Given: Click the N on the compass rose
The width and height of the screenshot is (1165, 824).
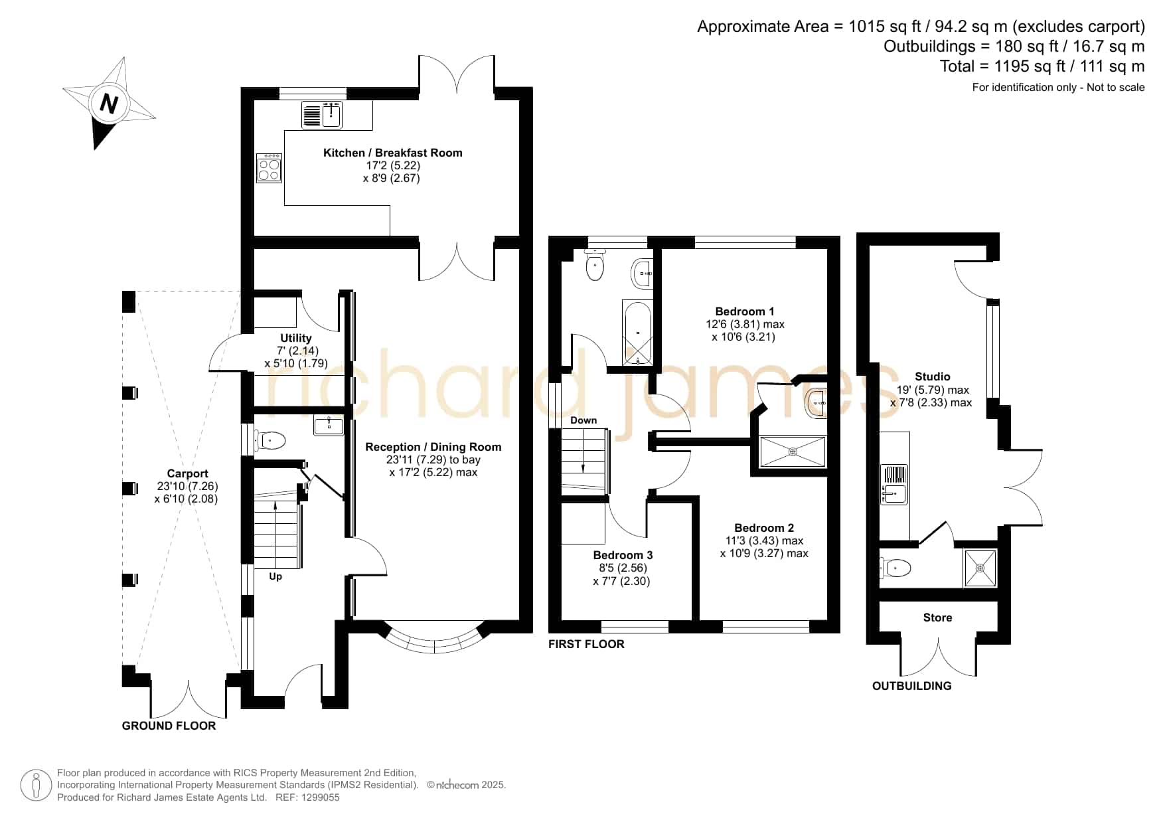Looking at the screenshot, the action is pos(109,104).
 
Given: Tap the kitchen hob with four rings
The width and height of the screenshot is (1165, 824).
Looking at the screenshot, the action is pos(269,169).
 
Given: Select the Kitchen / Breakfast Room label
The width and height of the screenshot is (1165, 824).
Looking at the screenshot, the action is pos(392,153).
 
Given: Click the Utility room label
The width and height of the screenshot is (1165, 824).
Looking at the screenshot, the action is pos(296,338).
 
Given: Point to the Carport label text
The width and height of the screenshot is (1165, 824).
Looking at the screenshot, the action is pos(187,473).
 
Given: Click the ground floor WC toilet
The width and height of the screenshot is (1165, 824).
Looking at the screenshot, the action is pos(272,440).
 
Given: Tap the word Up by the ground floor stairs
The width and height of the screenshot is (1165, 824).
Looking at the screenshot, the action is pos(275,576).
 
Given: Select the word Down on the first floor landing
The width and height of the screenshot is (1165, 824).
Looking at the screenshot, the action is pos(583,420).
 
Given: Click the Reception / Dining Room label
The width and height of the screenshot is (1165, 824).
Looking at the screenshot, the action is pos(433,447).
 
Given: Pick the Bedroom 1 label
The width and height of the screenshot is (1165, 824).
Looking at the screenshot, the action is pos(745,311).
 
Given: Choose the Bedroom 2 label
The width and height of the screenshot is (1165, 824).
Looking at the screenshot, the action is pos(764,528).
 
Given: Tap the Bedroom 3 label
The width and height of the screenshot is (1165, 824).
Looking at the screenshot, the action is pos(623,555).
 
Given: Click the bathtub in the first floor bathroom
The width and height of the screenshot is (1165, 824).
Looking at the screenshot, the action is pos(637,333).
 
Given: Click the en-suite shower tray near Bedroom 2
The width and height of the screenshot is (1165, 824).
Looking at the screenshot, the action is pos(793,452).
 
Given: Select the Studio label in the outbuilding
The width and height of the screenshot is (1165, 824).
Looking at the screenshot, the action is pos(932,376).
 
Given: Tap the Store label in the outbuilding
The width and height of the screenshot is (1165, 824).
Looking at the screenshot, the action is pos(937,618).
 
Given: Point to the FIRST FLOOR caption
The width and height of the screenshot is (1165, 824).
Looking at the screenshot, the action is pos(586,644).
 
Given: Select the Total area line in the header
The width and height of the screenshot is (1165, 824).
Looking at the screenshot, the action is pos(1042,66).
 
